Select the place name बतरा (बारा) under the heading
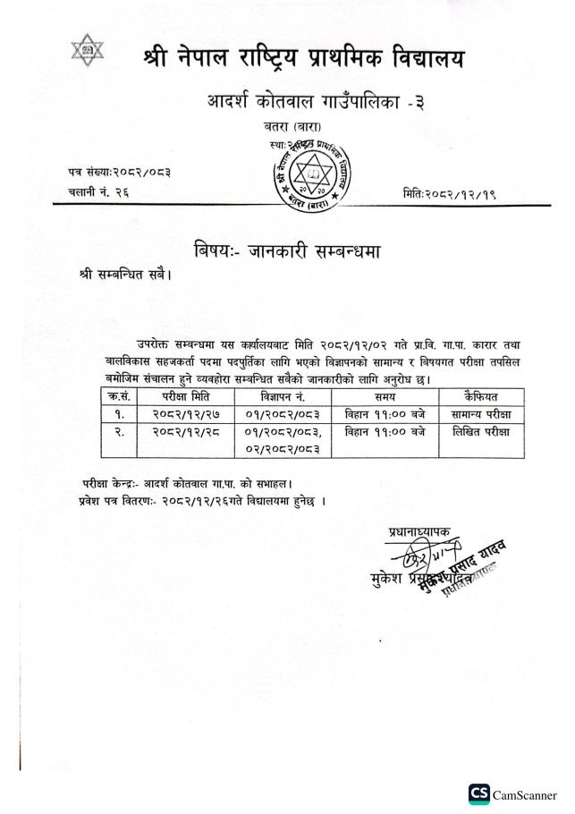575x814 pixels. click(287, 129)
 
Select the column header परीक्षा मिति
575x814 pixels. click(185, 395)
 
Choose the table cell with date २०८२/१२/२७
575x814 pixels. click(185, 414)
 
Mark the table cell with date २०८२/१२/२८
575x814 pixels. click(185, 432)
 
